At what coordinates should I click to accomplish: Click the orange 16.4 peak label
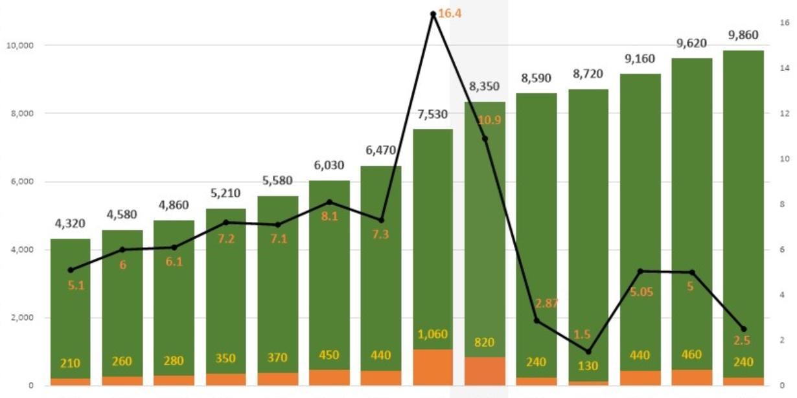[x=449, y=13]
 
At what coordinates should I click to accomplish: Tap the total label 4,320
[x=70, y=225]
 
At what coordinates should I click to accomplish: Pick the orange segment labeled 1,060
[x=433, y=367]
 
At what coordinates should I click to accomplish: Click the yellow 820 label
[x=485, y=342]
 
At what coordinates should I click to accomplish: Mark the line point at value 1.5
[x=588, y=351]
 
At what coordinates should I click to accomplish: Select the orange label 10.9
[x=489, y=120]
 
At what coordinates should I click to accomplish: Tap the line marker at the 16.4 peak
[x=433, y=14]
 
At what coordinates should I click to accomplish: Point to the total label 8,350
[x=485, y=87]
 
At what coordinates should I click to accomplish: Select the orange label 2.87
[x=546, y=304]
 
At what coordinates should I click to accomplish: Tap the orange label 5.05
[x=641, y=292]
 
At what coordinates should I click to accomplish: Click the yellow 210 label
[x=70, y=363]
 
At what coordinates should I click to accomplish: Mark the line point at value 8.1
[x=329, y=202]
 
